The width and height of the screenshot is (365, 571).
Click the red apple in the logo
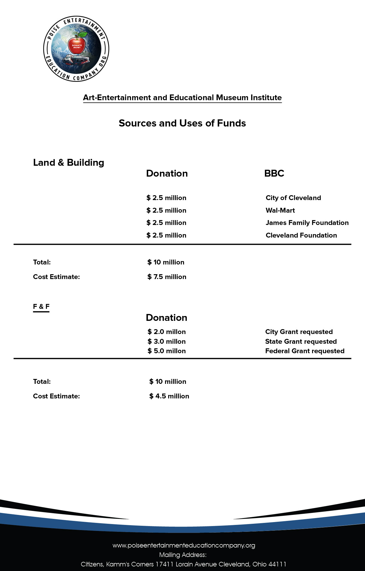77,45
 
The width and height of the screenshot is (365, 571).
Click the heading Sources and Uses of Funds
182,123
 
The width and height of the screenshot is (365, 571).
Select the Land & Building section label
69,163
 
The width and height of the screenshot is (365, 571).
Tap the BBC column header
274,173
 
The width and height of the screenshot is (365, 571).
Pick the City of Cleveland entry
293,198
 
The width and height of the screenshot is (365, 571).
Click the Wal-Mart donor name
280,210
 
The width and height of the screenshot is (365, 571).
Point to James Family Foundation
307,223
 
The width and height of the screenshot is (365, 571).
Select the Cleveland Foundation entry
301,235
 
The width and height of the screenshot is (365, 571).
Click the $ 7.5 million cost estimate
167,277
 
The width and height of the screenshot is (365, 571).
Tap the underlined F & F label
41,307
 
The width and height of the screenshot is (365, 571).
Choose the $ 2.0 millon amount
166,332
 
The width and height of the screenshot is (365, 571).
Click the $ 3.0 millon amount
166,341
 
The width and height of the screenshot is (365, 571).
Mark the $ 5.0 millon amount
166,351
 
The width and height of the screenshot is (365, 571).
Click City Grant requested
299,332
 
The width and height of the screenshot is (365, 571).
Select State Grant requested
301,341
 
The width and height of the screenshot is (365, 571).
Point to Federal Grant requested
305,351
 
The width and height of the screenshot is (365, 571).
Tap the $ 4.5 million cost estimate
169,396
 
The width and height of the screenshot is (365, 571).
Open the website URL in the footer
184,546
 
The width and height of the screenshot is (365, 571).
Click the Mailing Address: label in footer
183,555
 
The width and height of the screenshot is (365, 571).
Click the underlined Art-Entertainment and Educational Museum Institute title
182,98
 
